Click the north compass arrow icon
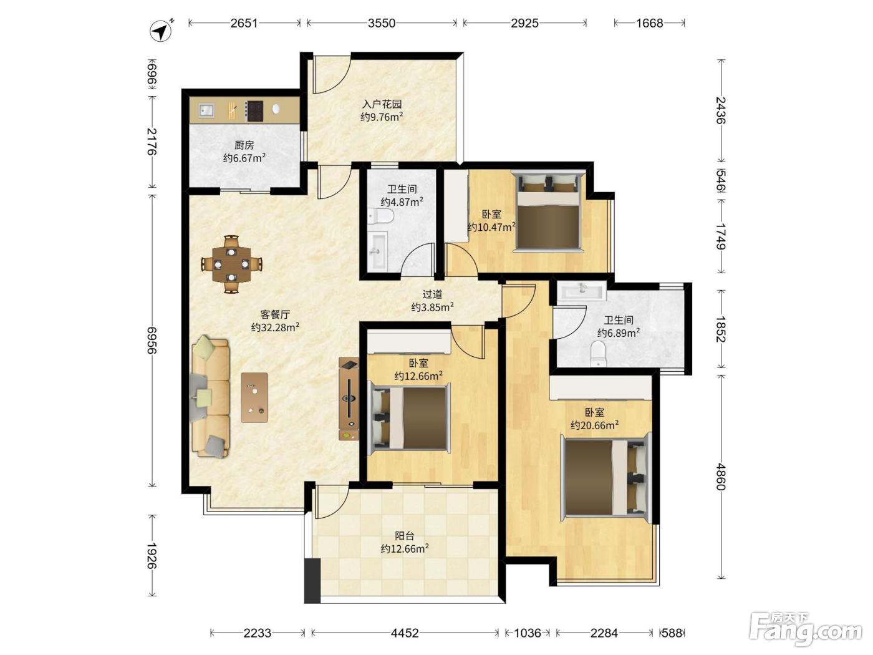[x=161, y=31]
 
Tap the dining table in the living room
[x=231, y=264]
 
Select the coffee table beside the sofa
[x=254, y=397]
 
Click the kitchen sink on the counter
[x=206, y=109]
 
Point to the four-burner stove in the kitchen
[x=254, y=111]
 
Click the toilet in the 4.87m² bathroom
[x=380, y=216]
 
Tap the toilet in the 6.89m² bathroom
[x=598, y=353]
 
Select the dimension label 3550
[x=382, y=23]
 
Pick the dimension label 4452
[x=405, y=633]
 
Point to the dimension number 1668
[x=650, y=23]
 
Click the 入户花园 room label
[x=382, y=104]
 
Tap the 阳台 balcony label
[x=405, y=536]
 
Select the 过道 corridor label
[x=432, y=294]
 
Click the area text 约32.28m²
[x=275, y=327]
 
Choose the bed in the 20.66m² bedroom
[x=606, y=478]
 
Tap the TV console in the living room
[x=349, y=399]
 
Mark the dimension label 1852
[x=720, y=329]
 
